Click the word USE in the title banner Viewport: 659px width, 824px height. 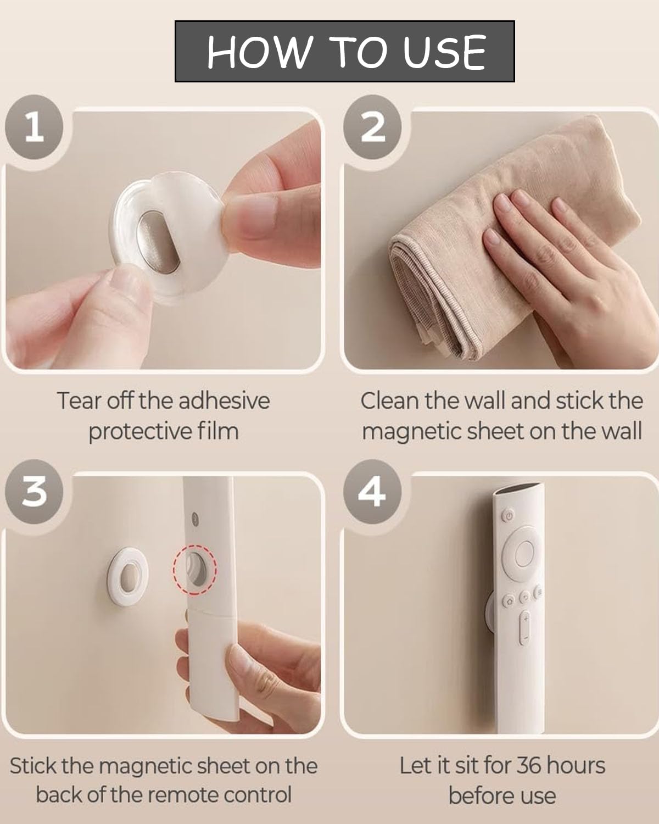point(444,52)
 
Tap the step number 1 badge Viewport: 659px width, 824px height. point(34,127)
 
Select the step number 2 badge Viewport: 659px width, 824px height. point(372,127)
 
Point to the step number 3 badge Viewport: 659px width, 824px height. point(34,492)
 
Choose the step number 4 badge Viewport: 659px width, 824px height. point(372,492)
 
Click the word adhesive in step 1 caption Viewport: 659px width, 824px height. point(225,401)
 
